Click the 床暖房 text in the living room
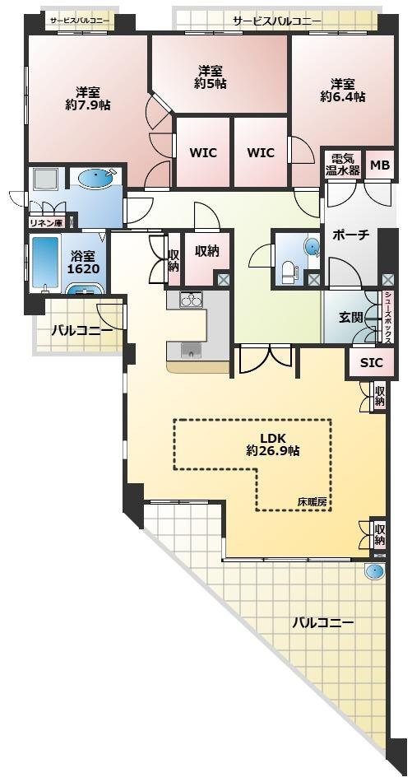pos(313,501)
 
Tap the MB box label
pos(379,165)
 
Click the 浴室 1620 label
pos(82,261)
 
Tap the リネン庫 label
pos(46,221)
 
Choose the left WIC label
pos(203,152)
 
